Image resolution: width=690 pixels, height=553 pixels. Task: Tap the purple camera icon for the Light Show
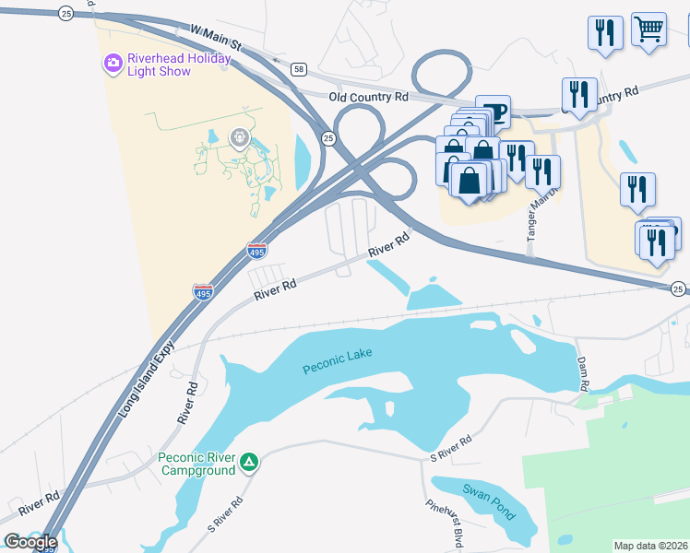[113, 64]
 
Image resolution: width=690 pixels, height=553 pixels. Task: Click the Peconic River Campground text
[196, 464]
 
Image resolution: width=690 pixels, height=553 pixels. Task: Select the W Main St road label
[216, 39]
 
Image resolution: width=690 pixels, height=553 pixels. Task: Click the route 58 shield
[298, 69]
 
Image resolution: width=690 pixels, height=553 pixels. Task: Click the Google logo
[30, 541]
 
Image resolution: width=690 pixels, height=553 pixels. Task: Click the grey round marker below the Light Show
[240, 139]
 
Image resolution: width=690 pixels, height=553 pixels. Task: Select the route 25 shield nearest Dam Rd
[678, 288]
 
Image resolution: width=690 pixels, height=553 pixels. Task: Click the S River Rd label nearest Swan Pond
[451, 449]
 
